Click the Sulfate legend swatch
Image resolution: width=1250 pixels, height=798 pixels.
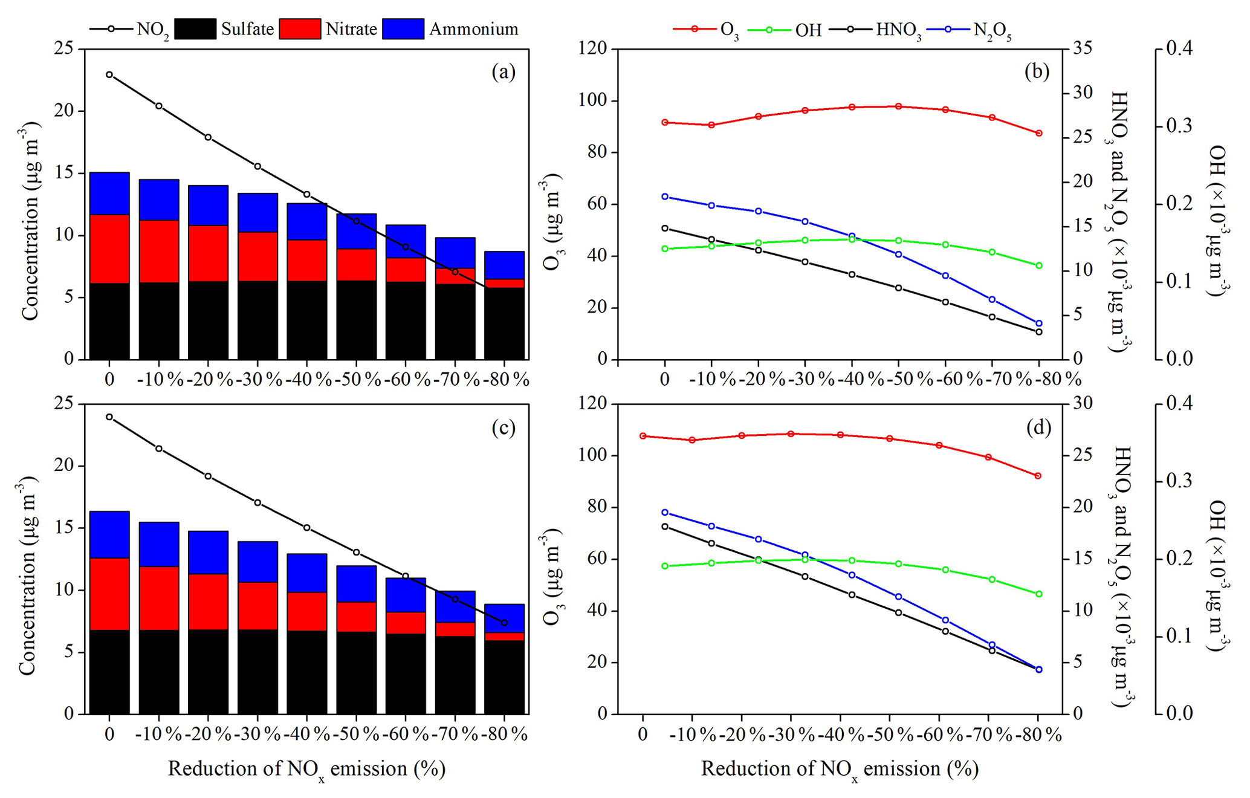tap(195, 29)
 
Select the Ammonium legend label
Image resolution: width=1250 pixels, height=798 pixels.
tap(473, 29)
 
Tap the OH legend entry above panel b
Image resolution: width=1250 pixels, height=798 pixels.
tap(808, 30)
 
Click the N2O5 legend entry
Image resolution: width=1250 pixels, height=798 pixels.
tap(992, 30)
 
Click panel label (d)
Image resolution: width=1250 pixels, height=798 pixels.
tap(1038, 427)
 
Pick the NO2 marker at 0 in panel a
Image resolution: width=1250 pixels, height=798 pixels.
tap(109, 75)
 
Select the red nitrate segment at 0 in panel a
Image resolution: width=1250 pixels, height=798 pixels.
tap(109, 248)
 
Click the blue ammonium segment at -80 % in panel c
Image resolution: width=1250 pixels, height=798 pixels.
tap(504, 618)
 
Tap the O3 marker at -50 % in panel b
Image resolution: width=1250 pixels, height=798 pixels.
tap(898, 106)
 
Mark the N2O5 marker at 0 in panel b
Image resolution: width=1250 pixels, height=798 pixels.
tap(665, 196)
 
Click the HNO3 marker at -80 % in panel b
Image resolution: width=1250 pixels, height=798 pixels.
tap(1039, 332)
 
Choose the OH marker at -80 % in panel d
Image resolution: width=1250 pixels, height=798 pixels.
tap(1039, 594)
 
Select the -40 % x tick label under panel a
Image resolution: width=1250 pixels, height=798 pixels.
tap(306, 380)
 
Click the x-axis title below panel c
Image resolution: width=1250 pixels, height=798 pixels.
tap(306, 770)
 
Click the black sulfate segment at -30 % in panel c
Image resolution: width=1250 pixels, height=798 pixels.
tap(257, 672)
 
